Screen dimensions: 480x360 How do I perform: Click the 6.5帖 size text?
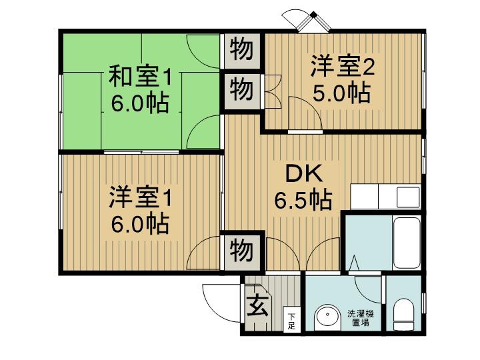303,200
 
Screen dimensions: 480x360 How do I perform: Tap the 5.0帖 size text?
341,92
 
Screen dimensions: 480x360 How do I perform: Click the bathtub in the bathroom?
407,243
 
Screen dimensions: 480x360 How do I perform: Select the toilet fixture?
403,314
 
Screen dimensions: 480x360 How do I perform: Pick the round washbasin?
327,318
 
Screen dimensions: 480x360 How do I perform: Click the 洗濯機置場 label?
360,318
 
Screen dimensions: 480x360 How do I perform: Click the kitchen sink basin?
408,197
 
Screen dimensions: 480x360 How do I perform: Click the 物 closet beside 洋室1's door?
242,251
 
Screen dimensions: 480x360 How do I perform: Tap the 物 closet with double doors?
242,90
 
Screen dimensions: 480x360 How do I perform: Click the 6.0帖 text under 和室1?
140,103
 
